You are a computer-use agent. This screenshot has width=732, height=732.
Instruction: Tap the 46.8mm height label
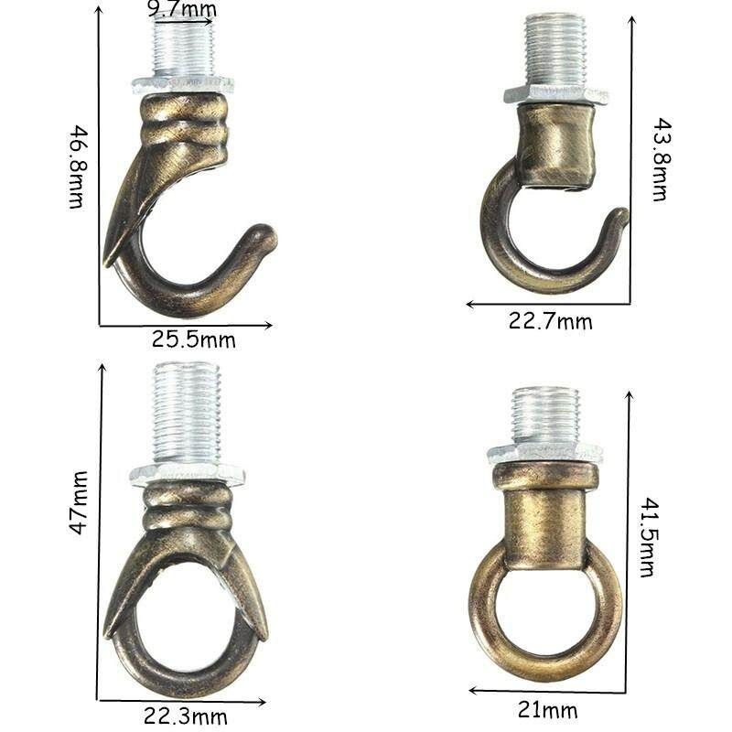coord(77,167)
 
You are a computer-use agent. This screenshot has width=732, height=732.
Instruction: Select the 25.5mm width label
coord(193,339)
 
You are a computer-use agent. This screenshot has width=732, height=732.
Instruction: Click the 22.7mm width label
coord(551,322)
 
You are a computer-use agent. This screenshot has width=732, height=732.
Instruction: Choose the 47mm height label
coord(78,502)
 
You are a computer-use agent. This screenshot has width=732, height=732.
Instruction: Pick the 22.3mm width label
coord(186,716)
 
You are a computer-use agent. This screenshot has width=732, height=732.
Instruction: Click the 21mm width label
coord(547,711)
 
